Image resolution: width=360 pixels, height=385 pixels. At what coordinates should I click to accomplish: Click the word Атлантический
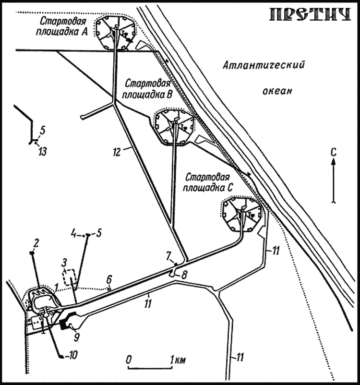264,66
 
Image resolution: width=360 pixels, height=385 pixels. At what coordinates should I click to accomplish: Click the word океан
277,91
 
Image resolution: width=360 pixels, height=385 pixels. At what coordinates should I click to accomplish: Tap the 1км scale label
176,359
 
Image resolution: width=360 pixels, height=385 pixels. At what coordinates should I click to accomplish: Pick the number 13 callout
42,152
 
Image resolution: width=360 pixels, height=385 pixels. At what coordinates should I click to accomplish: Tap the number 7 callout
168,254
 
